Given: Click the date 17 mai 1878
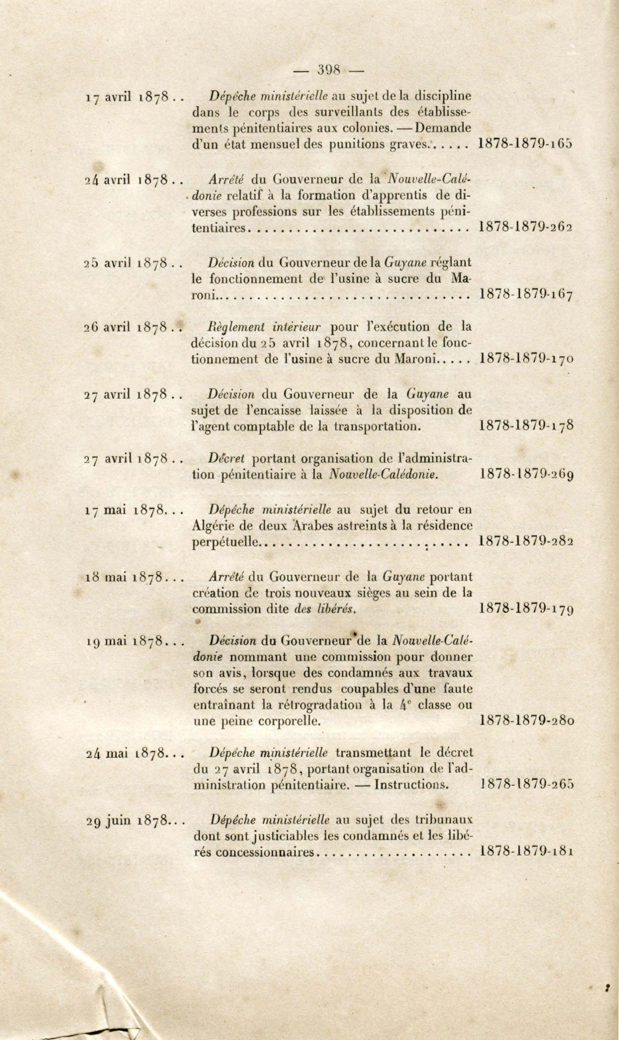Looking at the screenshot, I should tap(125, 510).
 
